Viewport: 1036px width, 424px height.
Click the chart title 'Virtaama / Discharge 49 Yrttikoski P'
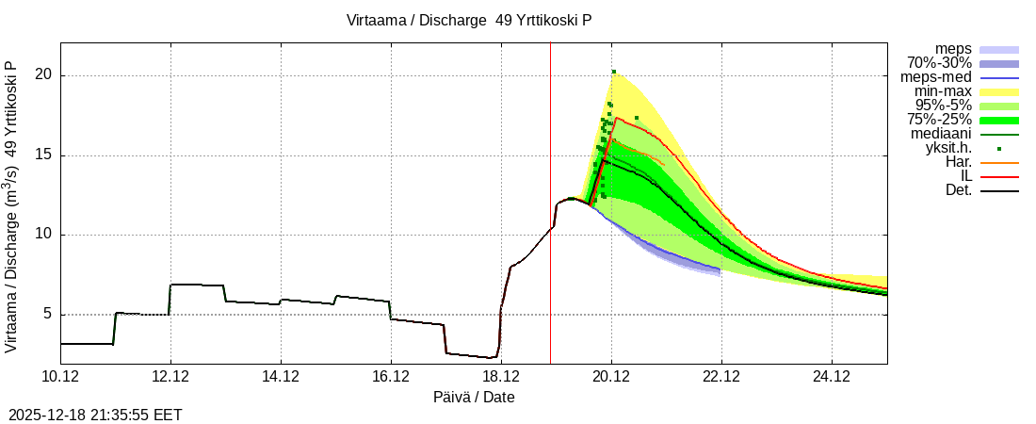468,20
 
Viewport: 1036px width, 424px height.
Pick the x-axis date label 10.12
60,378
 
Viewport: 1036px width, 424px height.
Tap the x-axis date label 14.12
281,378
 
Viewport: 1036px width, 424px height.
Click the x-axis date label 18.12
501,378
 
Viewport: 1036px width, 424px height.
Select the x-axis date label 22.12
721,378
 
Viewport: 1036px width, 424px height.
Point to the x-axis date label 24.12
832,378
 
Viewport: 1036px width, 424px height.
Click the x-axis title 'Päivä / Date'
474,398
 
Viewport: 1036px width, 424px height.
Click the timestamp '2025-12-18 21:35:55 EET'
95,415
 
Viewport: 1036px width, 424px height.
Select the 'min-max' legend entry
943,91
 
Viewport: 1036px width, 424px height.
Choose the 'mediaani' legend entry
942,134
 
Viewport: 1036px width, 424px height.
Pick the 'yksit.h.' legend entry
945,148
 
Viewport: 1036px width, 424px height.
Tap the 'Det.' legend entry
958,191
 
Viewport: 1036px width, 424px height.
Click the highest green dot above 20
613,72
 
